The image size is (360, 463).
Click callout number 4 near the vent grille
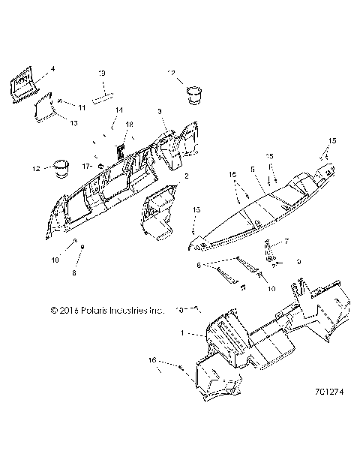point(52,69)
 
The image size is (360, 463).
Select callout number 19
point(103,73)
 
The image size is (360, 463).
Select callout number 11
point(82,108)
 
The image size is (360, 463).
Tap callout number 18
point(129,124)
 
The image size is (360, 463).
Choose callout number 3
point(160,112)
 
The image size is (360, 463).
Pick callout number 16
point(153,362)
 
